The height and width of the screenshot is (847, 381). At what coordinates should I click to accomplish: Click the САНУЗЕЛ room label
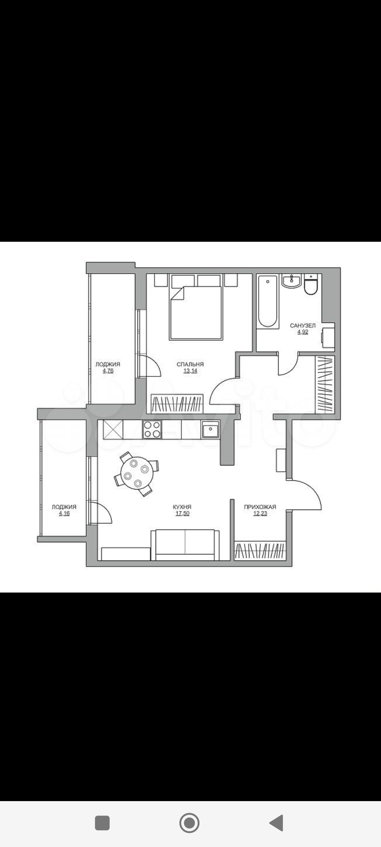pos(303,325)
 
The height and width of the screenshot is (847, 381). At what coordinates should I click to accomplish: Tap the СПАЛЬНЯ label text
pos(190,364)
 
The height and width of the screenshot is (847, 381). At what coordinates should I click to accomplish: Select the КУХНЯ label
pos(182,507)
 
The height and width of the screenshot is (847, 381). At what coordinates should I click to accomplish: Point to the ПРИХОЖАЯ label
pos(260,507)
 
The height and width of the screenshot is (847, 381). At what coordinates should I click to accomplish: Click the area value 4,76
pos(108,371)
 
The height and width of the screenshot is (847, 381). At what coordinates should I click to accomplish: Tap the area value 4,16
pos(64,513)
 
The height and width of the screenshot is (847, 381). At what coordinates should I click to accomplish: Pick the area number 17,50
pos(182,513)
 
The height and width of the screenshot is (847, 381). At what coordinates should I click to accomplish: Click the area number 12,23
pos(260,513)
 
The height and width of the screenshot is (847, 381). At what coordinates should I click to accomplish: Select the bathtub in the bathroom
pos(267,301)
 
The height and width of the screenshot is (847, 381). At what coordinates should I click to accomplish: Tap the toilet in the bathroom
pos(312,284)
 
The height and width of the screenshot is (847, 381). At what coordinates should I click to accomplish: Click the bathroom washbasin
pos(291,281)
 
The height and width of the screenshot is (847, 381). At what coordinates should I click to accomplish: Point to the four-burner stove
pos(152,429)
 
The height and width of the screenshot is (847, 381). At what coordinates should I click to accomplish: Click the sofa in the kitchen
pos(185,545)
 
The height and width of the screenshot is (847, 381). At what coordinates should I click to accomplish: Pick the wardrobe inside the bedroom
pos(177,404)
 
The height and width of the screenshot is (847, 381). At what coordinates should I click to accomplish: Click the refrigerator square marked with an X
pos(113,429)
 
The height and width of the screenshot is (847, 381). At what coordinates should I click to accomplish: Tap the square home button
pos(102,823)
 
